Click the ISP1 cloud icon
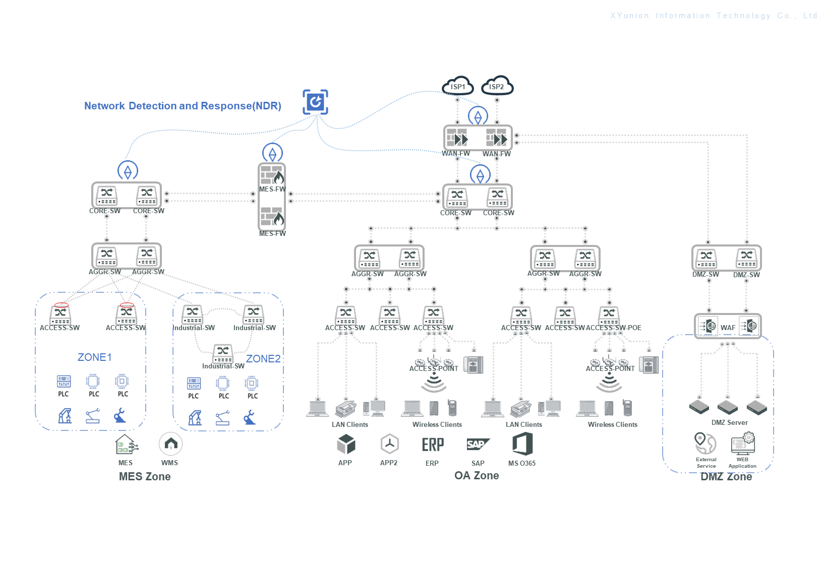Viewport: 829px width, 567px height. (x=458, y=86)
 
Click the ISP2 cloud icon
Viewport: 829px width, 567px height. (x=497, y=86)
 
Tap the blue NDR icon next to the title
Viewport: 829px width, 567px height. (x=316, y=102)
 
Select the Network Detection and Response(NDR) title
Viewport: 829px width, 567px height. (x=183, y=106)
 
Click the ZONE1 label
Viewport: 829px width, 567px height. (x=94, y=357)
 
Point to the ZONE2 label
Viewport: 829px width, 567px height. (x=263, y=359)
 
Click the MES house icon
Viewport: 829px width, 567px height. (x=126, y=445)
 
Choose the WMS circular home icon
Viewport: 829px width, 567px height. (x=170, y=444)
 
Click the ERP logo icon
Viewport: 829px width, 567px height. (x=433, y=445)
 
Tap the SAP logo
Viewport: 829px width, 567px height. (x=478, y=444)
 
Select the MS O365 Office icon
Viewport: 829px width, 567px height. (x=522, y=444)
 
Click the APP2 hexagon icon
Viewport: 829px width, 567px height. (x=389, y=444)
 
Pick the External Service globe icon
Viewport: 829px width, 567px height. (x=705, y=443)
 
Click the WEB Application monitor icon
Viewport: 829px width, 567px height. (x=743, y=444)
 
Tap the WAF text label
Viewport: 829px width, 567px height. (x=728, y=328)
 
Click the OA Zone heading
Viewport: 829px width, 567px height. (x=477, y=476)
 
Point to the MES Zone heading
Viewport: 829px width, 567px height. (x=145, y=477)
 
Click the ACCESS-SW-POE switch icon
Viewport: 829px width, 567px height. (x=609, y=315)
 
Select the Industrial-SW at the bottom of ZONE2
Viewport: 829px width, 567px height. (x=223, y=353)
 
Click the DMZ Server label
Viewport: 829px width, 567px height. (x=729, y=422)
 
